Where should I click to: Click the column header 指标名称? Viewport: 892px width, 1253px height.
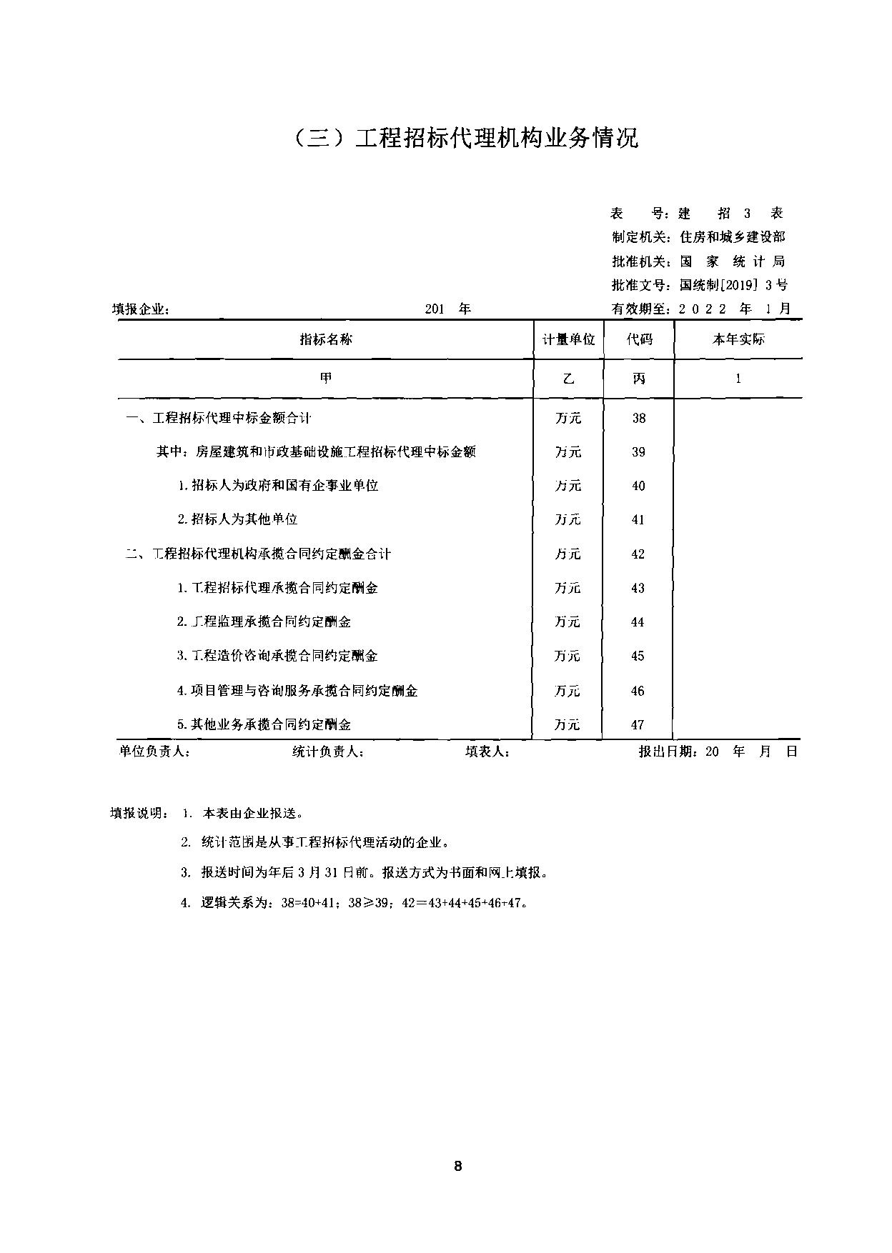pyautogui.click(x=326, y=339)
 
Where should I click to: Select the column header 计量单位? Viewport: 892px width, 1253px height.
pyautogui.click(x=568, y=339)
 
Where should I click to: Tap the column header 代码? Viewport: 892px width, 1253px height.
pyautogui.click(x=639, y=339)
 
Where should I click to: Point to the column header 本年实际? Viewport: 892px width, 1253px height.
pyautogui.click(x=738, y=339)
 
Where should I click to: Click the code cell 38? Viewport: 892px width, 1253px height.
pyautogui.click(x=639, y=418)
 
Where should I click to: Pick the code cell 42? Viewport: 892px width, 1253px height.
pyautogui.click(x=638, y=554)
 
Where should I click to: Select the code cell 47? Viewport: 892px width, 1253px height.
pyautogui.click(x=638, y=725)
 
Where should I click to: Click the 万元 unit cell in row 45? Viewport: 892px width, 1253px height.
pyautogui.click(x=568, y=656)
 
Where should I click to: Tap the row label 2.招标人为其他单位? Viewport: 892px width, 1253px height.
pyautogui.click(x=237, y=519)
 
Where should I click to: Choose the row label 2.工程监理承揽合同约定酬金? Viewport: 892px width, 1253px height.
pyautogui.click(x=264, y=622)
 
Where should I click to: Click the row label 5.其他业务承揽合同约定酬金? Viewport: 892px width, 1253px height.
pyautogui.click(x=264, y=725)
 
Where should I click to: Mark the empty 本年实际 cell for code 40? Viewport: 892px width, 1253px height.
pyautogui.click(x=738, y=486)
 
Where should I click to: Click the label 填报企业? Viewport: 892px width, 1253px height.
pyautogui.click(x=141, y=310)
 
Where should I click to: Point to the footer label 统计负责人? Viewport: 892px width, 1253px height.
pyautogui.click(x=329, y=752)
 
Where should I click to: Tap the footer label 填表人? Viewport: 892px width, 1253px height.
pyautogui.click(x=487, y=752)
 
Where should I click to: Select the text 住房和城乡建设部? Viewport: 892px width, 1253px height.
pyautogui.click(x=732, y=237)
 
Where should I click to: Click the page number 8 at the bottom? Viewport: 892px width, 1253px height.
pyautogui.click(x=458, y=1166)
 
